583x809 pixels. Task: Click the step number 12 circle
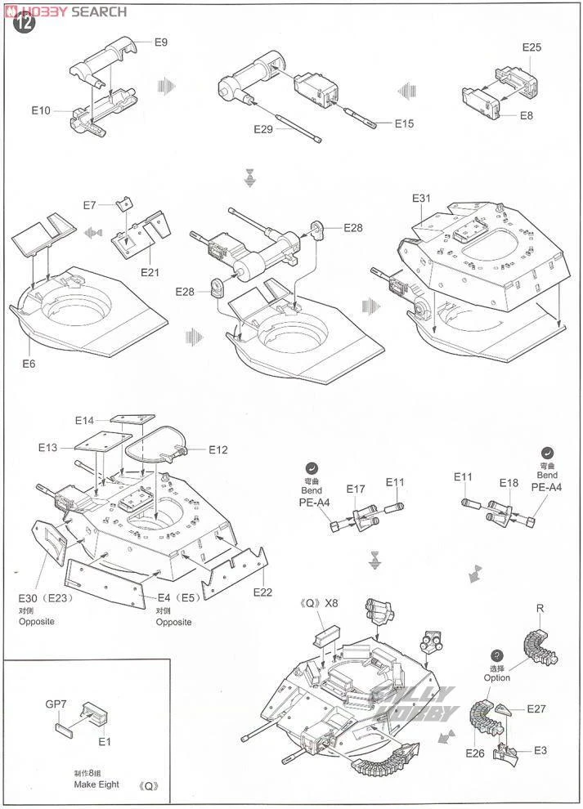coord(25,24)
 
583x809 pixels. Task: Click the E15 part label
coord(404,124)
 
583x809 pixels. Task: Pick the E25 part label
coord(531,47)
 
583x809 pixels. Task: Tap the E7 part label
coord(90,205)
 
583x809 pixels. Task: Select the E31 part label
coord(421,199)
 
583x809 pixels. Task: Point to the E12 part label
coord(218,449)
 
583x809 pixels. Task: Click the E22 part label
coord(262,592)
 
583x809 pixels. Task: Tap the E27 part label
coord(536,708)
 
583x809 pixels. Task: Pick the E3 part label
coord(540,750)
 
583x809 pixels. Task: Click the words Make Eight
coord(96,784)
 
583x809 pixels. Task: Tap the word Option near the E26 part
coord(496,677)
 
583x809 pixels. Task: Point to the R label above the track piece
coord(540,609)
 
